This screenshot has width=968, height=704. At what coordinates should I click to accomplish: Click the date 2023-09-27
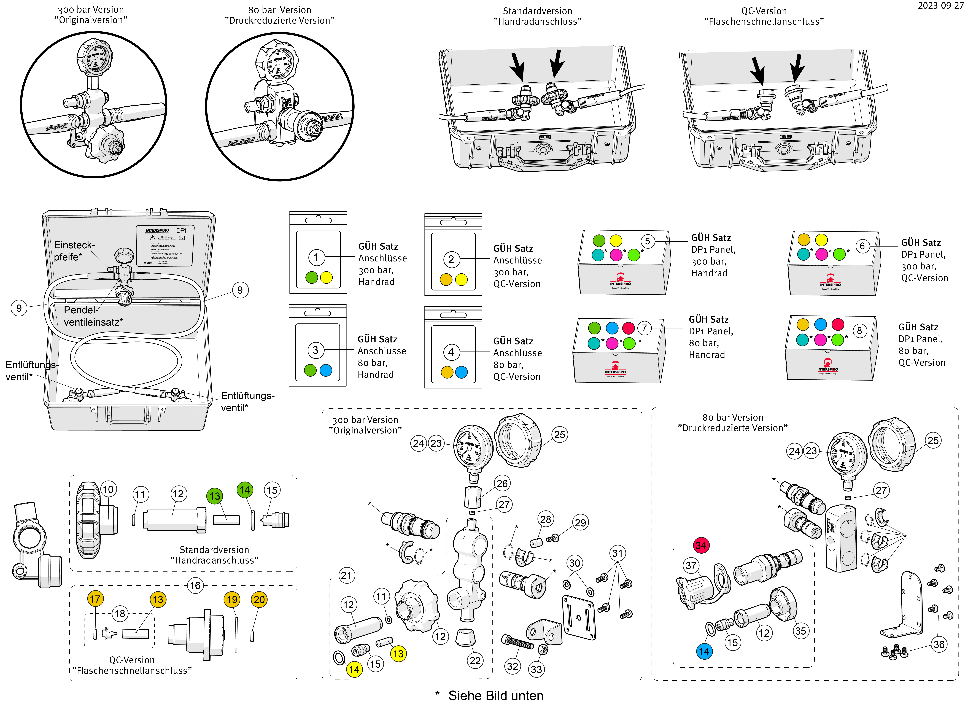pyautogui.click(x=940, y=6)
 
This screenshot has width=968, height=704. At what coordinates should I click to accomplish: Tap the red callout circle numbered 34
pyautogui.click(x=700, y=545)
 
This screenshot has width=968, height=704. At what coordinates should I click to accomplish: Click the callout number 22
pyautogui.click(x=475, y=660)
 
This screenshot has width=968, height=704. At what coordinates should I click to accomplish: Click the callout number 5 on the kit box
pyautogui.click(x=648, y=241)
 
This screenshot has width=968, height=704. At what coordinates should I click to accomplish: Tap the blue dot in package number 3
pyautogui.click(x=326, y=370)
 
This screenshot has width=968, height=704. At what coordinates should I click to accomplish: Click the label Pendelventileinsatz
pyautogui.click(x=93, y=316)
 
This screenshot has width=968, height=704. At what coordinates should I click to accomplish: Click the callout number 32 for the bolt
pyautogui.click(x=513, y=666)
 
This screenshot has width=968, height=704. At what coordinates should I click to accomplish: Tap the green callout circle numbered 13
pyautogui.click(x=215, y=496)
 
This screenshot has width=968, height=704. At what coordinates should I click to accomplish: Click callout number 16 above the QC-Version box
pyautogui.click(x=195, y=585)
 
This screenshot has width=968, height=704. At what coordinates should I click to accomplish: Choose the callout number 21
pyautogui.click(x=346, y=576)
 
